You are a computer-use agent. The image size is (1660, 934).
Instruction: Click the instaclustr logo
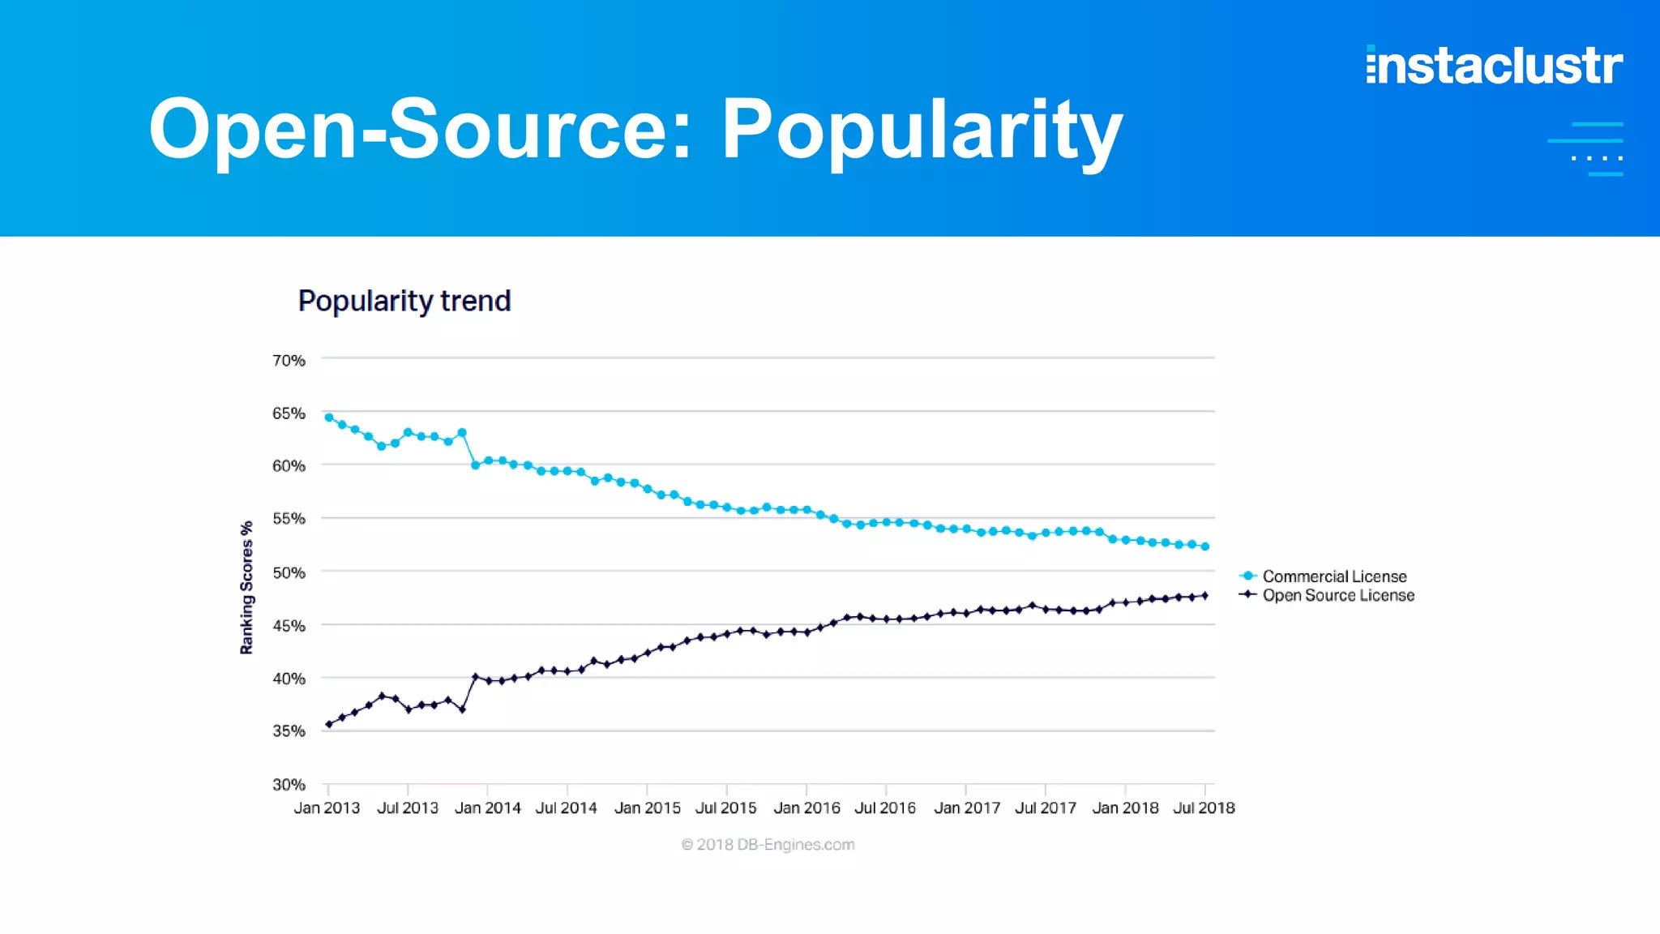pyautogui.click(x=1494, y=66)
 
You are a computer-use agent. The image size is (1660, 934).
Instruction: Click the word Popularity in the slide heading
pyautogui.click(x=922, y=130)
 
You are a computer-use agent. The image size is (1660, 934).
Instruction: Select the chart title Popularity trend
pyautogui.click(x=404, y=301)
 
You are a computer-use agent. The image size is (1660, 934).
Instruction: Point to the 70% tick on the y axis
pyautogui.click(x=289, y=360)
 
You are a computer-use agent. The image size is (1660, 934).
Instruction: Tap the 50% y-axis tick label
pyautogui.click(x=289, y=572)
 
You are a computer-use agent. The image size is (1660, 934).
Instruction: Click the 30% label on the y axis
pyautogui.click(x=289, y=784)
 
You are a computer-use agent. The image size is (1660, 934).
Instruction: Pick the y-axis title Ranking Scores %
pyautogui.click(x=246, y=587)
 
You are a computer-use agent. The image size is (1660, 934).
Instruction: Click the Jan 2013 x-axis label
pyautogui.click(x=327, y=808)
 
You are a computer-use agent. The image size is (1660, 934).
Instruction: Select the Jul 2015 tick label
pyautogui.click(x=725, y=808)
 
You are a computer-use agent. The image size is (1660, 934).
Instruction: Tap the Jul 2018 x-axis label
pyautogui.click(x=1204, y=808)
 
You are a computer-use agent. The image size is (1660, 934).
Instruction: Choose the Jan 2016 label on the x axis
pyautogui.click(x=806, y=808)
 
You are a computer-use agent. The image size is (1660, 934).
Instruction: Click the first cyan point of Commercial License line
pyautogui.click(x=329, y=418)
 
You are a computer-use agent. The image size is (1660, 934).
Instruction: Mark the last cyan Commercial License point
pyautogui.click(x=1205, y=546)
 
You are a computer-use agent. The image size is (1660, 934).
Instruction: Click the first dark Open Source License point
pyautogui.click(x=328, y=724)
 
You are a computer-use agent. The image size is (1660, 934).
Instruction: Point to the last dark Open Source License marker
pyautogui.click(x=1205, y=596)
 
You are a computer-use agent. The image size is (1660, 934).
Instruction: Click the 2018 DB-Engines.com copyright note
pyautogui.click(x=768, y=844)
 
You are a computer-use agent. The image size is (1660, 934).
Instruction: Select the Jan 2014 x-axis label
pyautogui.click(x=487, y=808)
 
